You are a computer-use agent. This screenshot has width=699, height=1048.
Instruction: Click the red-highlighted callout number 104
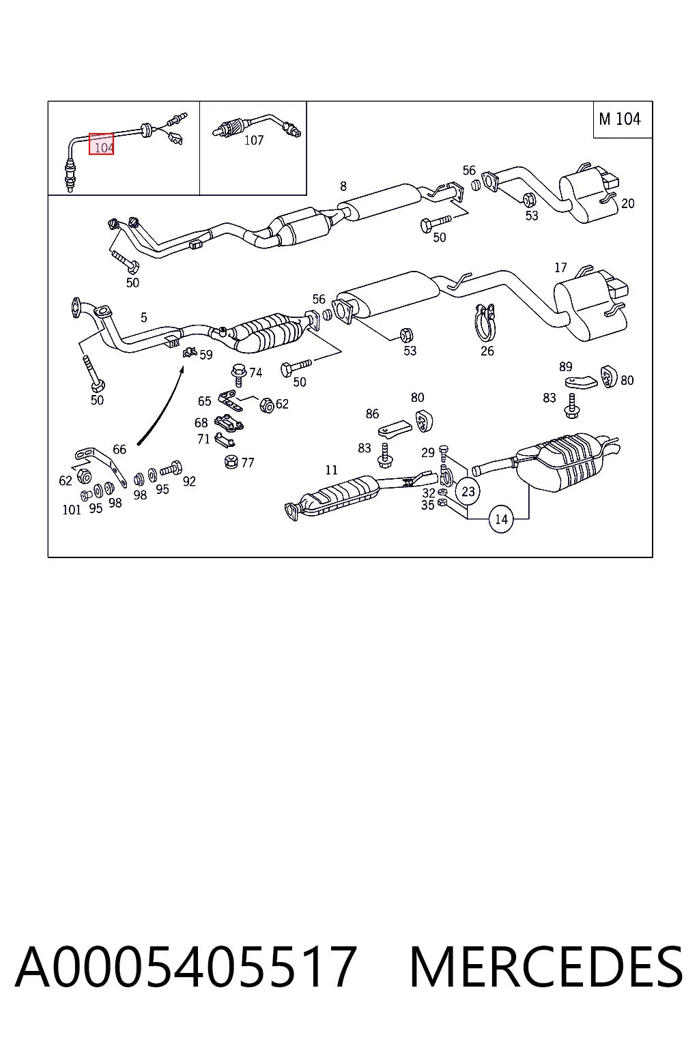tap(102, 144)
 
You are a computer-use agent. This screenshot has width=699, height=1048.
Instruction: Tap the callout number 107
tap(254, 140)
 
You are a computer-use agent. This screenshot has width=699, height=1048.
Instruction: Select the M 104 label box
tap(623, 119)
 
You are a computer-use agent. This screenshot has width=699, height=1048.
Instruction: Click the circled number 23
tap(468, 491)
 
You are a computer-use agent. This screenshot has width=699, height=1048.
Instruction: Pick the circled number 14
tap(501, 519)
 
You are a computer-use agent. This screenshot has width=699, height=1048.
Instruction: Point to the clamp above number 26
tap(485, 322)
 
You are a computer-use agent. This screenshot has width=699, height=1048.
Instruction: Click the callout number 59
tap(206, 355)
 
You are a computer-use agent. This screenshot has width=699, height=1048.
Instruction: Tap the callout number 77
tap(247, 463)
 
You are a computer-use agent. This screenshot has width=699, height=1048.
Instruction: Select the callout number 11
tap(331, 469)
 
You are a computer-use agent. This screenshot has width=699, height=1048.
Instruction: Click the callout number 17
tap(560, 267)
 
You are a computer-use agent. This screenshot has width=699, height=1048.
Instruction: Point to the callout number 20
tap(628, 203)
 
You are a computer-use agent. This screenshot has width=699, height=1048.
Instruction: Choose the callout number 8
tap(343, 187)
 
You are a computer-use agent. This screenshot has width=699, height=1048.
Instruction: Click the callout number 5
tap(144, 318)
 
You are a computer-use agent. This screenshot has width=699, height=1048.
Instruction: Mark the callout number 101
tap(72, 510)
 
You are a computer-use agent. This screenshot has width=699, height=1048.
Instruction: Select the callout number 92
tap(189, 481)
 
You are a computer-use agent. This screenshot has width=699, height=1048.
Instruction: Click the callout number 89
tap(566, 366)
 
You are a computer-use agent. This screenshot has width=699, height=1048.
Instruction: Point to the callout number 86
tap(372, 413)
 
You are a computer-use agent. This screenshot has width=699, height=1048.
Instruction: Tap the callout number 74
tap(255, 373)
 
